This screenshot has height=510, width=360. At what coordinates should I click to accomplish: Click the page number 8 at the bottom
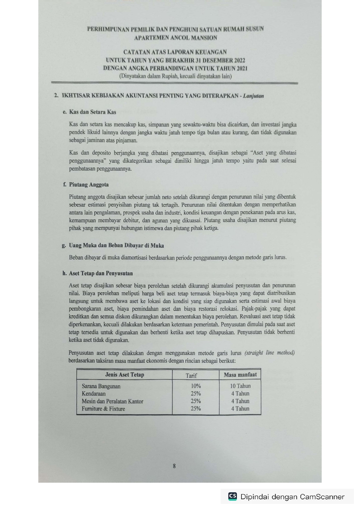pyautogui.click(x=174, y=466)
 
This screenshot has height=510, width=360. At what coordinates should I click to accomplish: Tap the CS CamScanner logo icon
pyautogui.click(x=233, y=496)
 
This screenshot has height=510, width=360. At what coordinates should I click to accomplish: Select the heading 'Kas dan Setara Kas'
pyautogui.click(x=92, y=112)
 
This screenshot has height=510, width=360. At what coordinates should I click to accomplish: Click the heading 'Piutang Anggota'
pyautogui.click(x=89, y=185)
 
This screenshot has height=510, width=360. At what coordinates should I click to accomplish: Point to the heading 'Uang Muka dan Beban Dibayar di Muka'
pyautogui.click(x=116, y=246)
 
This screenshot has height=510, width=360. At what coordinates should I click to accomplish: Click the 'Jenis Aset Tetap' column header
pyautogui.click(x=124, y=375)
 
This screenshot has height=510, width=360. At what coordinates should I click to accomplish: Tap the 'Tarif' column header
pyautogui.click(x=191, y=375)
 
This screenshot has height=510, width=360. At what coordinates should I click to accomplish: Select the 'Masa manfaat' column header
pyautogui.click(x=240, y=375)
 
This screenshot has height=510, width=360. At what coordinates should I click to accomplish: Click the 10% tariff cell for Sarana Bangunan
pyautogui.click(x=196, y=386)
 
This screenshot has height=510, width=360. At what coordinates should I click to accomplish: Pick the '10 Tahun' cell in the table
pyautogui.click(x=240, y=386)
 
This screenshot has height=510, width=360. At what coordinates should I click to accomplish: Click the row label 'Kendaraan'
pyautogui.click(x=93, y=394)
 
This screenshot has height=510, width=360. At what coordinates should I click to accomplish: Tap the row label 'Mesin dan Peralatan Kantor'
pyautogui.click(x=112, y=401)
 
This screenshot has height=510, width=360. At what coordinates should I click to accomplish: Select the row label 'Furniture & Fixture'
pyautogui.click(x=103, y=409)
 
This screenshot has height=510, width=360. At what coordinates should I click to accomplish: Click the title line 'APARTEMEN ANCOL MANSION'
pyautogui.click(x=175, y=38)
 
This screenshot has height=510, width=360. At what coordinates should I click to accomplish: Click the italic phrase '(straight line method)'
pyautogui.click(x=270, y=353)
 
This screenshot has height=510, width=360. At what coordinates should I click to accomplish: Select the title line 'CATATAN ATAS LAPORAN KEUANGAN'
pyautogui.click(x=175, y=52)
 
